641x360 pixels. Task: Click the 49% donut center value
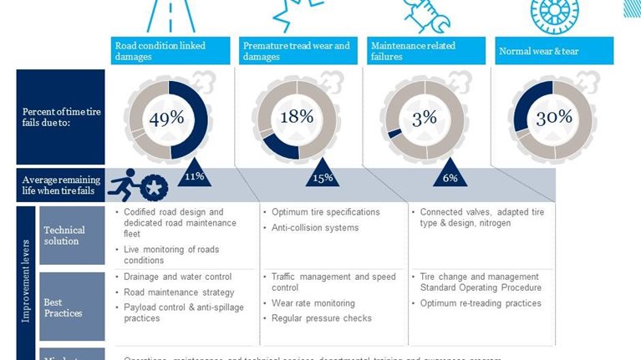166,119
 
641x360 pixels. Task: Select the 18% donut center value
296,117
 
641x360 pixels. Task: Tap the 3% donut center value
424,118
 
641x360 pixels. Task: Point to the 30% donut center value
553,118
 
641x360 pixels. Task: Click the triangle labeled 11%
194,171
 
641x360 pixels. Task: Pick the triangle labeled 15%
323,172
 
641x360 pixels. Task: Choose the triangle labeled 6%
450,172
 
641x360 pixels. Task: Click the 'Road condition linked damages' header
170,51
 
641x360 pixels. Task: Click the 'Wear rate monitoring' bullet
313,303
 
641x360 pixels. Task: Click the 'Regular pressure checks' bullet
321,318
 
